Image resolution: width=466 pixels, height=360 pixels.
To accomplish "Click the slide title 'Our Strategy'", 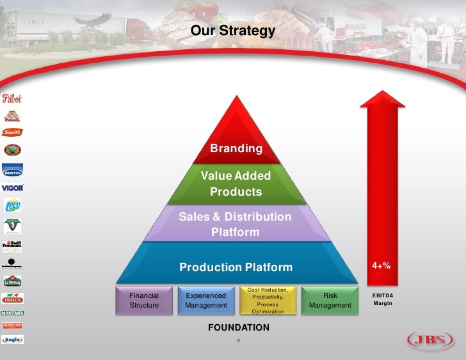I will coord(233,31).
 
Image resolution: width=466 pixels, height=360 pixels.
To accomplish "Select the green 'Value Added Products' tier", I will coord(236,184).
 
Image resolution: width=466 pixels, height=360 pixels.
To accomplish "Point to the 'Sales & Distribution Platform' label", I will coord(235,224).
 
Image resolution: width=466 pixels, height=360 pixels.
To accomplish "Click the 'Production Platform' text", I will coord(236,267).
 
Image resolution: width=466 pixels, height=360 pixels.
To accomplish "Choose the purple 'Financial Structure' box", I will coord(144,301).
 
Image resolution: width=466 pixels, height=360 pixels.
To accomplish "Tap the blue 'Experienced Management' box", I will coord(205,301).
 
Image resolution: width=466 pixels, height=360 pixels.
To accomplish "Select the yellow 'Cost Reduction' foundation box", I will coord(268,301).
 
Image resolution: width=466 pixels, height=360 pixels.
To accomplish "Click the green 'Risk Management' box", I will coord(330,301).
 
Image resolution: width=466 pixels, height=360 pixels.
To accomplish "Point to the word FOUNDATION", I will coord(239,328).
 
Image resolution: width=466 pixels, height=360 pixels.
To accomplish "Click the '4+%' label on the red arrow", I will coord(382,265).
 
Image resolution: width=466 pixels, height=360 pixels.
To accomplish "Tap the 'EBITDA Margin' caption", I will coord(382,299).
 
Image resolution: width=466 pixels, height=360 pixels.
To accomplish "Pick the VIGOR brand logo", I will coord(12,188).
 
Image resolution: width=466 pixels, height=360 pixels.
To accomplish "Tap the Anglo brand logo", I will coord(12,340).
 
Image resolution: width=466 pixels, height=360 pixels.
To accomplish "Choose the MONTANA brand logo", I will coord(12,313).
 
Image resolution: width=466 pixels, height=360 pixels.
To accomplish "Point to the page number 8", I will coord(238,340).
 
